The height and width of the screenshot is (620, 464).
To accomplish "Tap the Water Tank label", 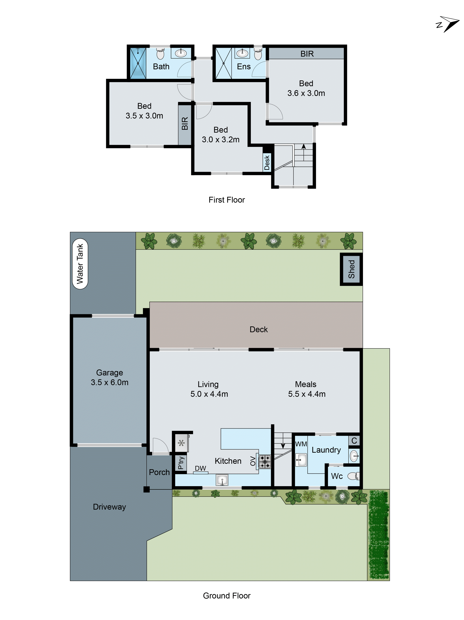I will (80, 264).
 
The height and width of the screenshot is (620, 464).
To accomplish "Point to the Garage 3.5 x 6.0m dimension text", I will (109, 382).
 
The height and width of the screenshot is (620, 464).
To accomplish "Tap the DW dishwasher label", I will (200, 468).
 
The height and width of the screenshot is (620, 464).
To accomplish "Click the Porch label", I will (159, 472).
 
